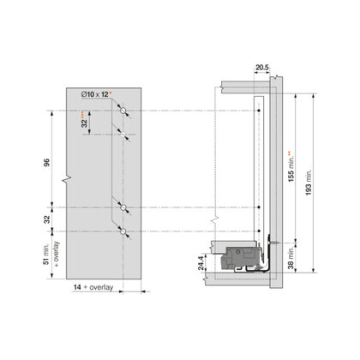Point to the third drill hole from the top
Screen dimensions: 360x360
125,207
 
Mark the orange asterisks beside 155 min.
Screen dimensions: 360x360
289,153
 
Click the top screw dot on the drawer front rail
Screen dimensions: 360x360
260,111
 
